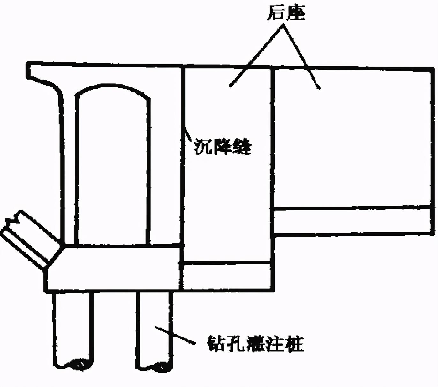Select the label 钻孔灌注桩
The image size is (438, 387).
pos(255,343)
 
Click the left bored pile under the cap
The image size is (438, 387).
pos(73,329)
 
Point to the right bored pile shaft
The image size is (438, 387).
pos(154,329)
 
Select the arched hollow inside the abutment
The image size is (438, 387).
pos(112,166)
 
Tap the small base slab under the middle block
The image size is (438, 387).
pos(227,276)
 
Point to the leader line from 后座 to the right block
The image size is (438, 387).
pos(302,57)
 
